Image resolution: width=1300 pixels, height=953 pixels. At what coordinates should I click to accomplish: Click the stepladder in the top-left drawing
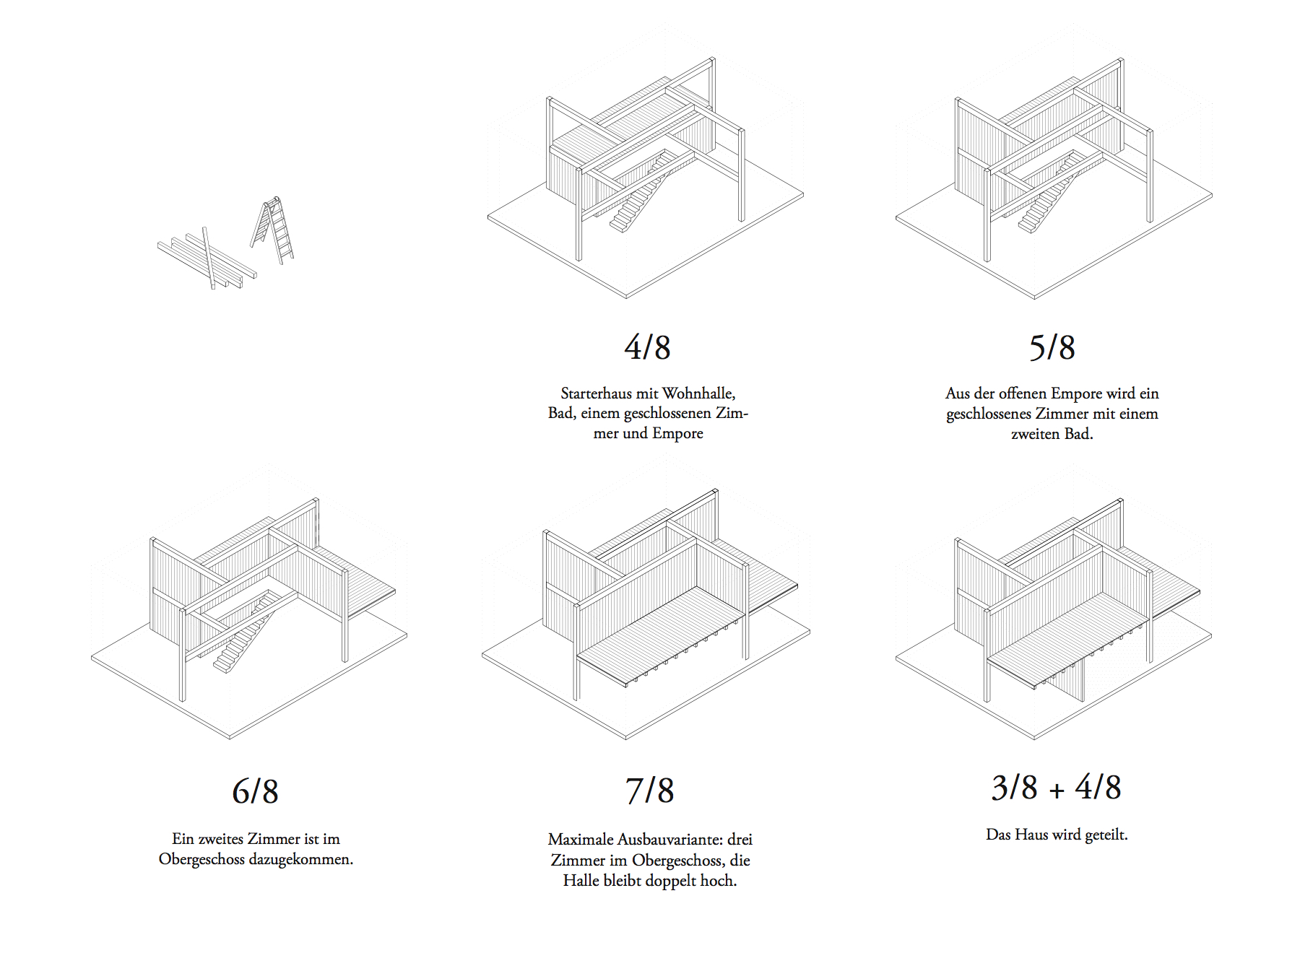click(274, 230)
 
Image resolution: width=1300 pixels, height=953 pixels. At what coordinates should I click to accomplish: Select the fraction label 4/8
click(647, 347)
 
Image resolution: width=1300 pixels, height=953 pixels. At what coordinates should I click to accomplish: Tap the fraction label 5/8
click(1052, 347)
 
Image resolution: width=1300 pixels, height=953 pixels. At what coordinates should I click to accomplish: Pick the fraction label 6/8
click(255, 791)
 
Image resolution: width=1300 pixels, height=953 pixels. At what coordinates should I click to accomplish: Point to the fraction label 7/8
click(649, 791)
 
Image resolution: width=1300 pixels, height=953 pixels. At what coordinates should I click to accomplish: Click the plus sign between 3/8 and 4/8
click(1057, 791)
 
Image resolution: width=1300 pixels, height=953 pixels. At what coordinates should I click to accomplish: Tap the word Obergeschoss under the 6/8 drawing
click(201, 859)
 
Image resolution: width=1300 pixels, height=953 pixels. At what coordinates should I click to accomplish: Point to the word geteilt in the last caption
click(1106, 835)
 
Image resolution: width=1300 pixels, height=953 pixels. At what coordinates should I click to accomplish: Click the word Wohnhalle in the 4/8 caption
click(698, 393)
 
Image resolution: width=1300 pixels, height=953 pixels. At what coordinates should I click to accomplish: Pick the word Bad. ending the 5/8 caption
click(1078, 434)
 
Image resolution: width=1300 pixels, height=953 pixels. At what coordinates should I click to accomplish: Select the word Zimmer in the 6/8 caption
click(274, 839)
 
